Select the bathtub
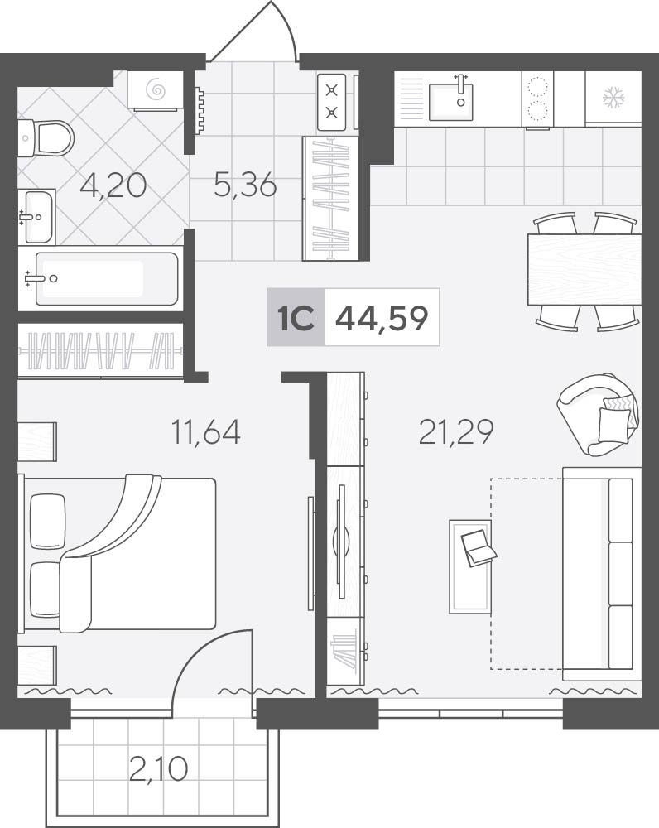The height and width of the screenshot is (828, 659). click(x=106, y=279)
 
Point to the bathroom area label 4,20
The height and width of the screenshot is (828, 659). click(x=113, y=185)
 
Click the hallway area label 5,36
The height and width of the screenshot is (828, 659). click(x=246, y=185)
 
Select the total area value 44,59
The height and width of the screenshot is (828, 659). click(x=382, y=319)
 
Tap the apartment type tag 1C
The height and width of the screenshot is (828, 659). click(x=296, y=318)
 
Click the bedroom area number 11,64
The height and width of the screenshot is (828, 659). click(x=206, y=431)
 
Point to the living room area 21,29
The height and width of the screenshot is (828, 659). click(x=456, y=431)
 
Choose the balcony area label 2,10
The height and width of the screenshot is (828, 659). click(x=158, y=768)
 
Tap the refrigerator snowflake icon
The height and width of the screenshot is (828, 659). click(x=614, y=99)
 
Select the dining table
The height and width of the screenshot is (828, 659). click(x=584, y=269)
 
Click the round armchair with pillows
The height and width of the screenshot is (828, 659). click(x=598, y=415)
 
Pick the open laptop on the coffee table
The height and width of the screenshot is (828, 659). click(x=479, y=547)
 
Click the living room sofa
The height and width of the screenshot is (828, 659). click(x=602, y=574)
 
